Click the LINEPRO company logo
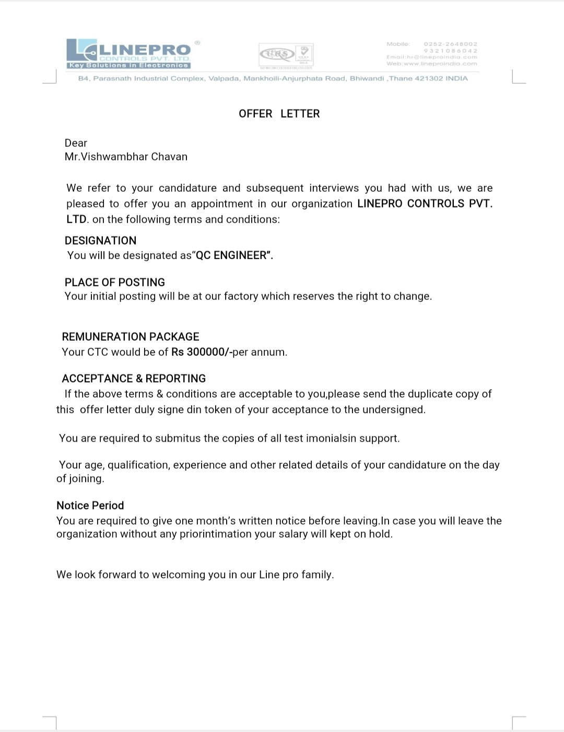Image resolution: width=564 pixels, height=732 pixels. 128,54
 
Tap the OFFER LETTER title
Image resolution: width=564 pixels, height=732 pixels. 279,114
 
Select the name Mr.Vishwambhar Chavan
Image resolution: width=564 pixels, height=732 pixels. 126,157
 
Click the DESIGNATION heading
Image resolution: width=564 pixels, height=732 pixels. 100,241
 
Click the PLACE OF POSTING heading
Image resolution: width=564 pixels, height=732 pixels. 114,283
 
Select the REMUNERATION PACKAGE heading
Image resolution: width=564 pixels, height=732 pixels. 131,337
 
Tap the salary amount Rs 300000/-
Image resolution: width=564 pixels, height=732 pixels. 202,352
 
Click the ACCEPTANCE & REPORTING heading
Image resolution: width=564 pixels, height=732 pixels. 134,379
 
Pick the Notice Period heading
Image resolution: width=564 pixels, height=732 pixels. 90,506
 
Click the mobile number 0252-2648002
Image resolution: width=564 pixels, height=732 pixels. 450,44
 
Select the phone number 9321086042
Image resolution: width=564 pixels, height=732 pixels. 450,51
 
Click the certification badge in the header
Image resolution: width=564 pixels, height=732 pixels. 286,54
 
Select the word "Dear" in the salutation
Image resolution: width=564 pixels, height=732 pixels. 76,143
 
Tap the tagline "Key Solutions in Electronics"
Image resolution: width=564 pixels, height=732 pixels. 128,65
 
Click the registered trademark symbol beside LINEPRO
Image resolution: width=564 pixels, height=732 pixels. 197,42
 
